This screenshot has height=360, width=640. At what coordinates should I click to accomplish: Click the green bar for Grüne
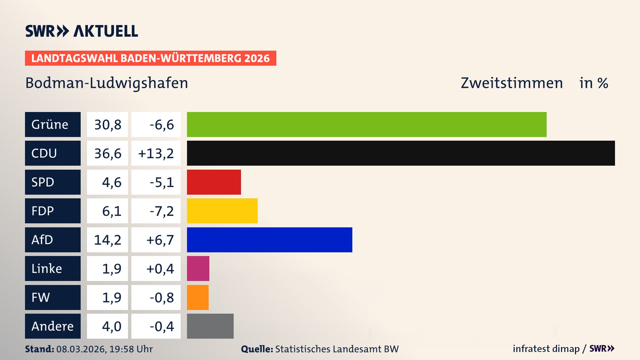(x=367, y=124)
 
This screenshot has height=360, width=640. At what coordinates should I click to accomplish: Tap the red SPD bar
(x=214, y=182)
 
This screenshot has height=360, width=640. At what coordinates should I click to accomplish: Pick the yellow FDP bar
(x=222, y=211)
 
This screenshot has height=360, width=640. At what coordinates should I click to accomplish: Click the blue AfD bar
(x=269, y=240)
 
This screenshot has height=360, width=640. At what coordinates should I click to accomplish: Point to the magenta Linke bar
(x=198, y=268)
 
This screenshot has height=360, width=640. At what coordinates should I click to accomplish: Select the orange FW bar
(x=198, y=297)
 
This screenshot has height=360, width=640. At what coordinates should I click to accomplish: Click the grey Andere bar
(x=210, y=326)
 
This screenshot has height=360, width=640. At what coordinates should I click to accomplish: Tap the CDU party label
(x=53, y=153)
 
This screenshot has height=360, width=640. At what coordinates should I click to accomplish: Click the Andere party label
(x=53, y=326)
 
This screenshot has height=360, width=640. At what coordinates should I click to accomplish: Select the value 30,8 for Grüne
(x=107, y=124)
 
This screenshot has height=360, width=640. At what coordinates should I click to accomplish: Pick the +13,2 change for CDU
(x=156, y=153)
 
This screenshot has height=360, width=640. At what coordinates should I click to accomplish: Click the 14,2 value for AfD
(x=107, y=240)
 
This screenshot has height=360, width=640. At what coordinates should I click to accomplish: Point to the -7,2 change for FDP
(x=161, y=211)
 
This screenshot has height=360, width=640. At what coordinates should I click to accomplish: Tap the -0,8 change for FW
(x=161, y=297)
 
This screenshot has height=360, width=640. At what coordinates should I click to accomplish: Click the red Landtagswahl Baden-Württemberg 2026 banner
(x=150, y=58)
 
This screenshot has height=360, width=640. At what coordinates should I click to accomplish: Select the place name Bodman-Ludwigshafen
(x=107, y=83)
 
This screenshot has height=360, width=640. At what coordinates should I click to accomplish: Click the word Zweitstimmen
(x=512, y=83)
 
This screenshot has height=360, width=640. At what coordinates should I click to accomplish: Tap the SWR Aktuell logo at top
(x=82, y=31)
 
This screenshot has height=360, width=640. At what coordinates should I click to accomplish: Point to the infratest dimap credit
(x=546, y=349)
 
